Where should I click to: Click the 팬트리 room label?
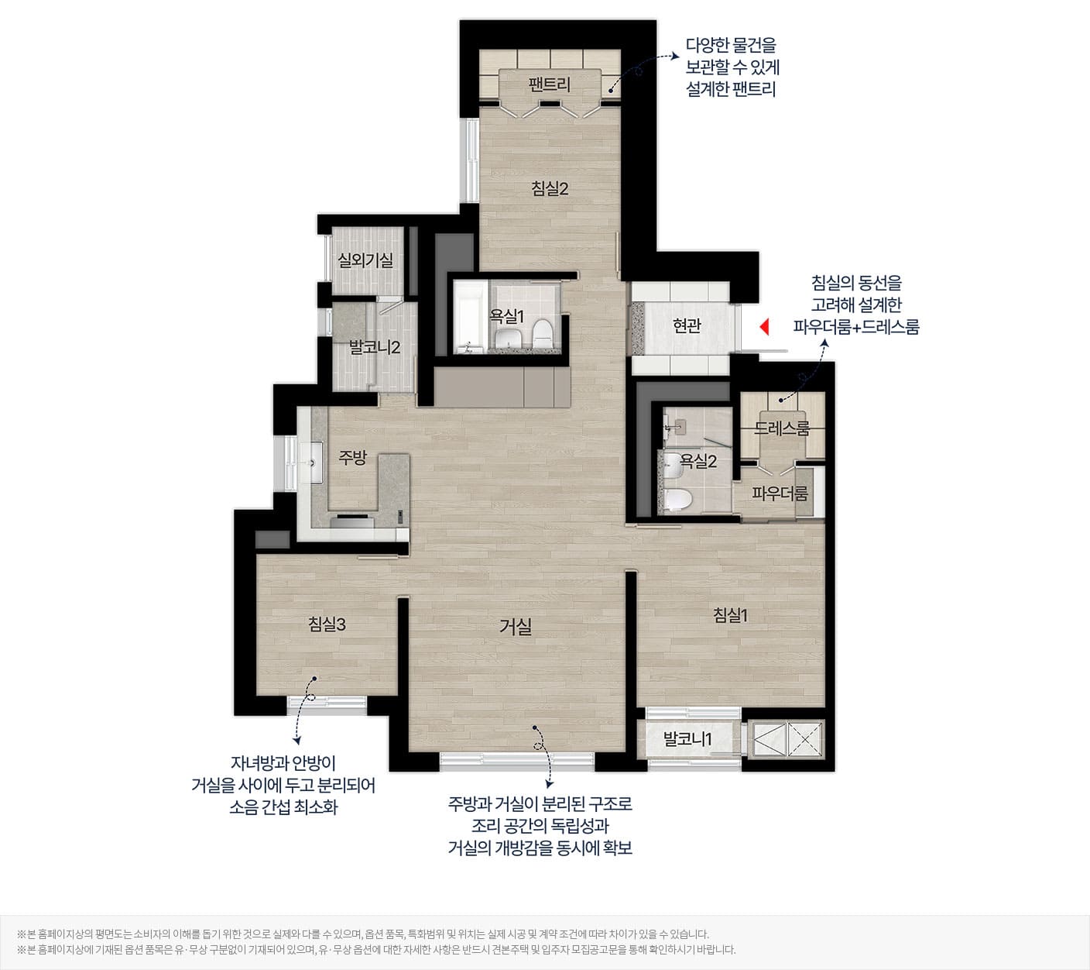click(549, 84)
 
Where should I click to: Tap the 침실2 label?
click(550, 188)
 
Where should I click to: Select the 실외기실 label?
click(365, 260)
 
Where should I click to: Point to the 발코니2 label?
click(375, 347)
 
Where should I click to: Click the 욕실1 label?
click(506, 316)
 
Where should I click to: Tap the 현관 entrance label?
click(687, 325)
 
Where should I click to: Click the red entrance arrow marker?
click(764, 327)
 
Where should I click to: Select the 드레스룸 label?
click(782, 428)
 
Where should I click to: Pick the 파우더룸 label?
click(780, 493)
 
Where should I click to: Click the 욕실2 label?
click(698, 461)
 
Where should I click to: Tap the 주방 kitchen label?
click(352, 457)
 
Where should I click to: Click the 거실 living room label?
click(516, 626)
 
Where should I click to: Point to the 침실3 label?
click(327, 624)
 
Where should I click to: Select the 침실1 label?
click(730, 615)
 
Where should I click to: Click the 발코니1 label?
click(687, 739)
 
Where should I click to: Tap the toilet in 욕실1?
click(543, 334)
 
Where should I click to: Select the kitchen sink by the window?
click(311, 463)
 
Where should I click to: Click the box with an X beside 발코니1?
click(805, 739)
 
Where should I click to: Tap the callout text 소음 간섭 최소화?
click(283, 807)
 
